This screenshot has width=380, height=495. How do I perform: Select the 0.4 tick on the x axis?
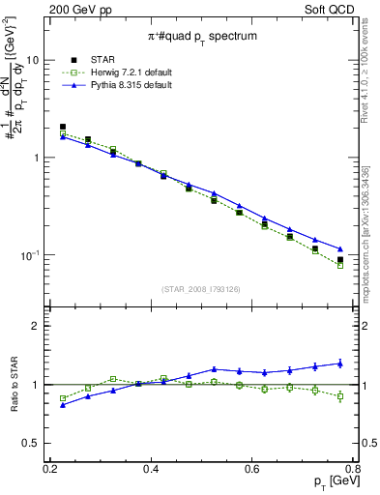click(150, 469)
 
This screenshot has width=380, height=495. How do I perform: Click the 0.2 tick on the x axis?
click(49, 469)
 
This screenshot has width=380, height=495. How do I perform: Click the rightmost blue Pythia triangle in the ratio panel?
click(339, 364)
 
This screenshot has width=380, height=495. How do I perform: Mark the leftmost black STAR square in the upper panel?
click(63, 127)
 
